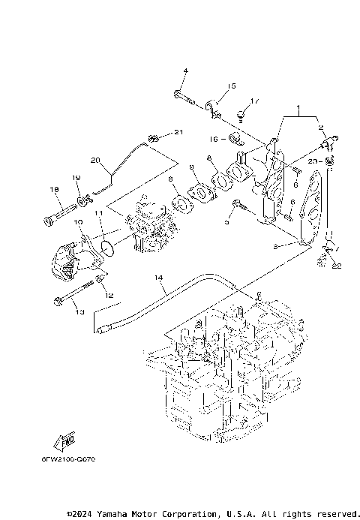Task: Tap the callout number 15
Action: point(232,86)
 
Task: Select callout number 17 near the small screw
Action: point(254,101)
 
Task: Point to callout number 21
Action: point(178,133)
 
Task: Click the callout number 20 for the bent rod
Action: point(94,160)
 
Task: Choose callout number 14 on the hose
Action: point(158,278)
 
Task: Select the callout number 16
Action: point(214,139)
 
